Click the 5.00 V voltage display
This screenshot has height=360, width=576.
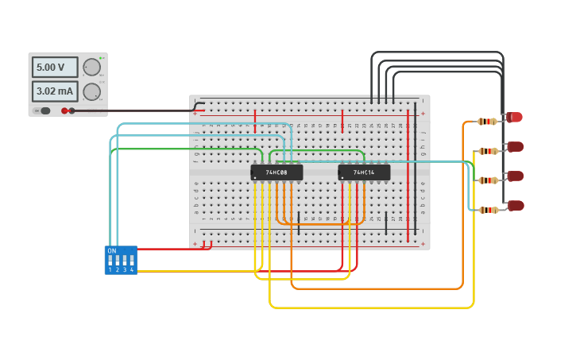point(54,68)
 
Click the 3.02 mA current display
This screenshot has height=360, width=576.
point(54,91)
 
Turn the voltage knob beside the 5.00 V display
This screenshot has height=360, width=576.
point(92,68)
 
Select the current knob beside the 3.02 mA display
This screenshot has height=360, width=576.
point(92,91)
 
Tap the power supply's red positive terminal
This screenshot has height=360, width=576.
point(64,110)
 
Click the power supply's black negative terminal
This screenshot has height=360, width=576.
point(72,110)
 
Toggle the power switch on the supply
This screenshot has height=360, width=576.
point(44,110)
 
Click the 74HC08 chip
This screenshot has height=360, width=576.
point(276,172)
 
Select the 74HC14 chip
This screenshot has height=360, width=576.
point(364,172)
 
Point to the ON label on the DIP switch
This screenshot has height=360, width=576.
point(111,251)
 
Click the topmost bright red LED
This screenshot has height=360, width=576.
point(515,118)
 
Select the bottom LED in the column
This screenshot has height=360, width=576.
point(516,206)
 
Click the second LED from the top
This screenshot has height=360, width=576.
point(515,147)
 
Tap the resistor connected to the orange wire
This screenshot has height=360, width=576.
point(488,122)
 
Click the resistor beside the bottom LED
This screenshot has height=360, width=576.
point(488,210)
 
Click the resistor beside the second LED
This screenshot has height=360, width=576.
point(488,151)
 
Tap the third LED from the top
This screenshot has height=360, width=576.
point(515,176)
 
